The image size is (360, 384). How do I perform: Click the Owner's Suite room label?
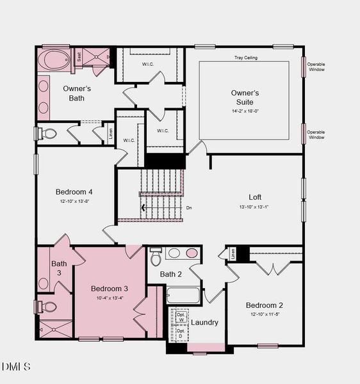coord(242,97)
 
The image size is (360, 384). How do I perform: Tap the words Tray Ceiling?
coord(245,58)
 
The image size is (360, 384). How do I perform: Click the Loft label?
coord(255,197)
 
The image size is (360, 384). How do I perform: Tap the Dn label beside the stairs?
coord(189,207)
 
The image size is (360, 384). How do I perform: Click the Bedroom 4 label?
coord(74,191)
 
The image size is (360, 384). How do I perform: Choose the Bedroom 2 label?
coord(265,305)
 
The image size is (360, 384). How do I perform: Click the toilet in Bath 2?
coord(156,257)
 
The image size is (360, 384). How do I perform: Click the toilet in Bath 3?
coord(48,307)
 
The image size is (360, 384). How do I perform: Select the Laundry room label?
coord(205,323)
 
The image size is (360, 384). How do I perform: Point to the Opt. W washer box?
coord(181,318)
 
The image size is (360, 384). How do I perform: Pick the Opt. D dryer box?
coord(181,333)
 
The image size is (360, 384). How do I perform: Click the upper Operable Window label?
coord(316,67)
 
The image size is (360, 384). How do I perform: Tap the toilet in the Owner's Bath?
coord(47,134)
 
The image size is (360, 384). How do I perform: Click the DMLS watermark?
coord(16,367)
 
